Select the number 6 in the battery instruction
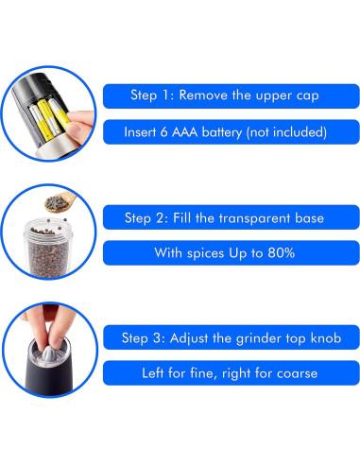(x=163, y=132)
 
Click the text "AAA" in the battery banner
(x=185, y=132)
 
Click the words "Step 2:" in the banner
(x=146, y=218)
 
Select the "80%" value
(x=282, y=252)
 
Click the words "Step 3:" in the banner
(x=144, y=338)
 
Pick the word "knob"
(x=326, y=337)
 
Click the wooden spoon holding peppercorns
(x=60, y=202)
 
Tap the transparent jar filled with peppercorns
(x=48, y=248)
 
